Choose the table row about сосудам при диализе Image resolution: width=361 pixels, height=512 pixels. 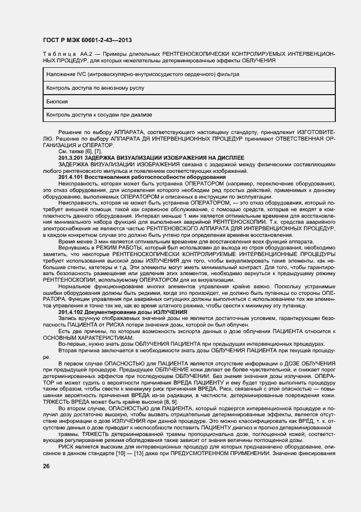coord(99,115)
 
